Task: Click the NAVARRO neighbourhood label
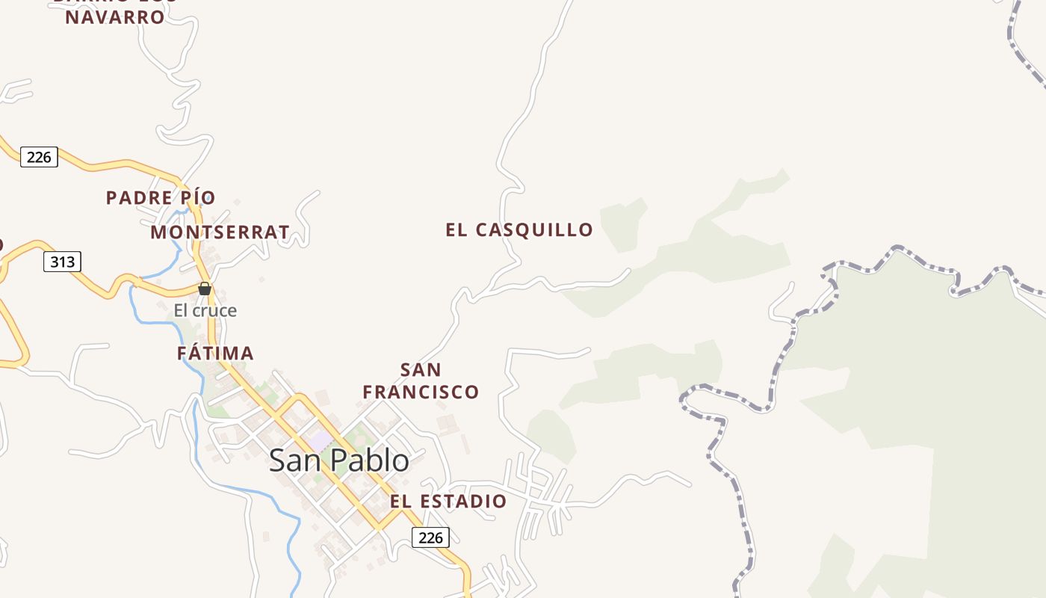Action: pos(114,17)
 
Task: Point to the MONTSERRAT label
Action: pos(220,232)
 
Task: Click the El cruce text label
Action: pos(205,311)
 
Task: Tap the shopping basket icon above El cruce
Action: pos(205,289)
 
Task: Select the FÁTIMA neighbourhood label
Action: pos(215,353)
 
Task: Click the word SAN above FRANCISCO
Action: pos(421,370)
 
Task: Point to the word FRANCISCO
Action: pos(421,392)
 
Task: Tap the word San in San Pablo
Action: pos(295,460)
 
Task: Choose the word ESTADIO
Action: pos(462,501)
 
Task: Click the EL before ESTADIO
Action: pos(400,501)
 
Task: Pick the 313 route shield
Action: pos(62,262)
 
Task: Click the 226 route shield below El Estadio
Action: pos(430,537)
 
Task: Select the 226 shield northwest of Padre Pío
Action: pos(39,157)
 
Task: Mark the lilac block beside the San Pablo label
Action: pos(321,442)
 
